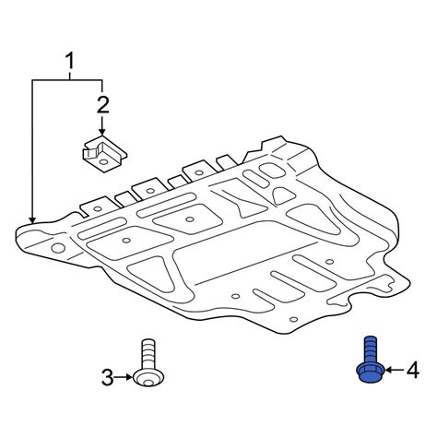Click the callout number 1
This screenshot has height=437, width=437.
[x=71, y=61]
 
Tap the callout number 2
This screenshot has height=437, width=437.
[x=103, y=105]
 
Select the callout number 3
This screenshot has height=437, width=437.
[x=107, y=377]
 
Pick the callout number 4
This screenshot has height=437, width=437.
[x=413, y=370]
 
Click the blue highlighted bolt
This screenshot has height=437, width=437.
[x=372, y=360]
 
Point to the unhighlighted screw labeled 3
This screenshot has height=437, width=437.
[x=148, y=362]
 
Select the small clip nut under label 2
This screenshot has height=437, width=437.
[x=104, y=154]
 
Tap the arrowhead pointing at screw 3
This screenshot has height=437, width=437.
[x=129, y=377]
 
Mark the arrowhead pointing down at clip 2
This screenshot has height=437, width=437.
[x=102, y=132]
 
